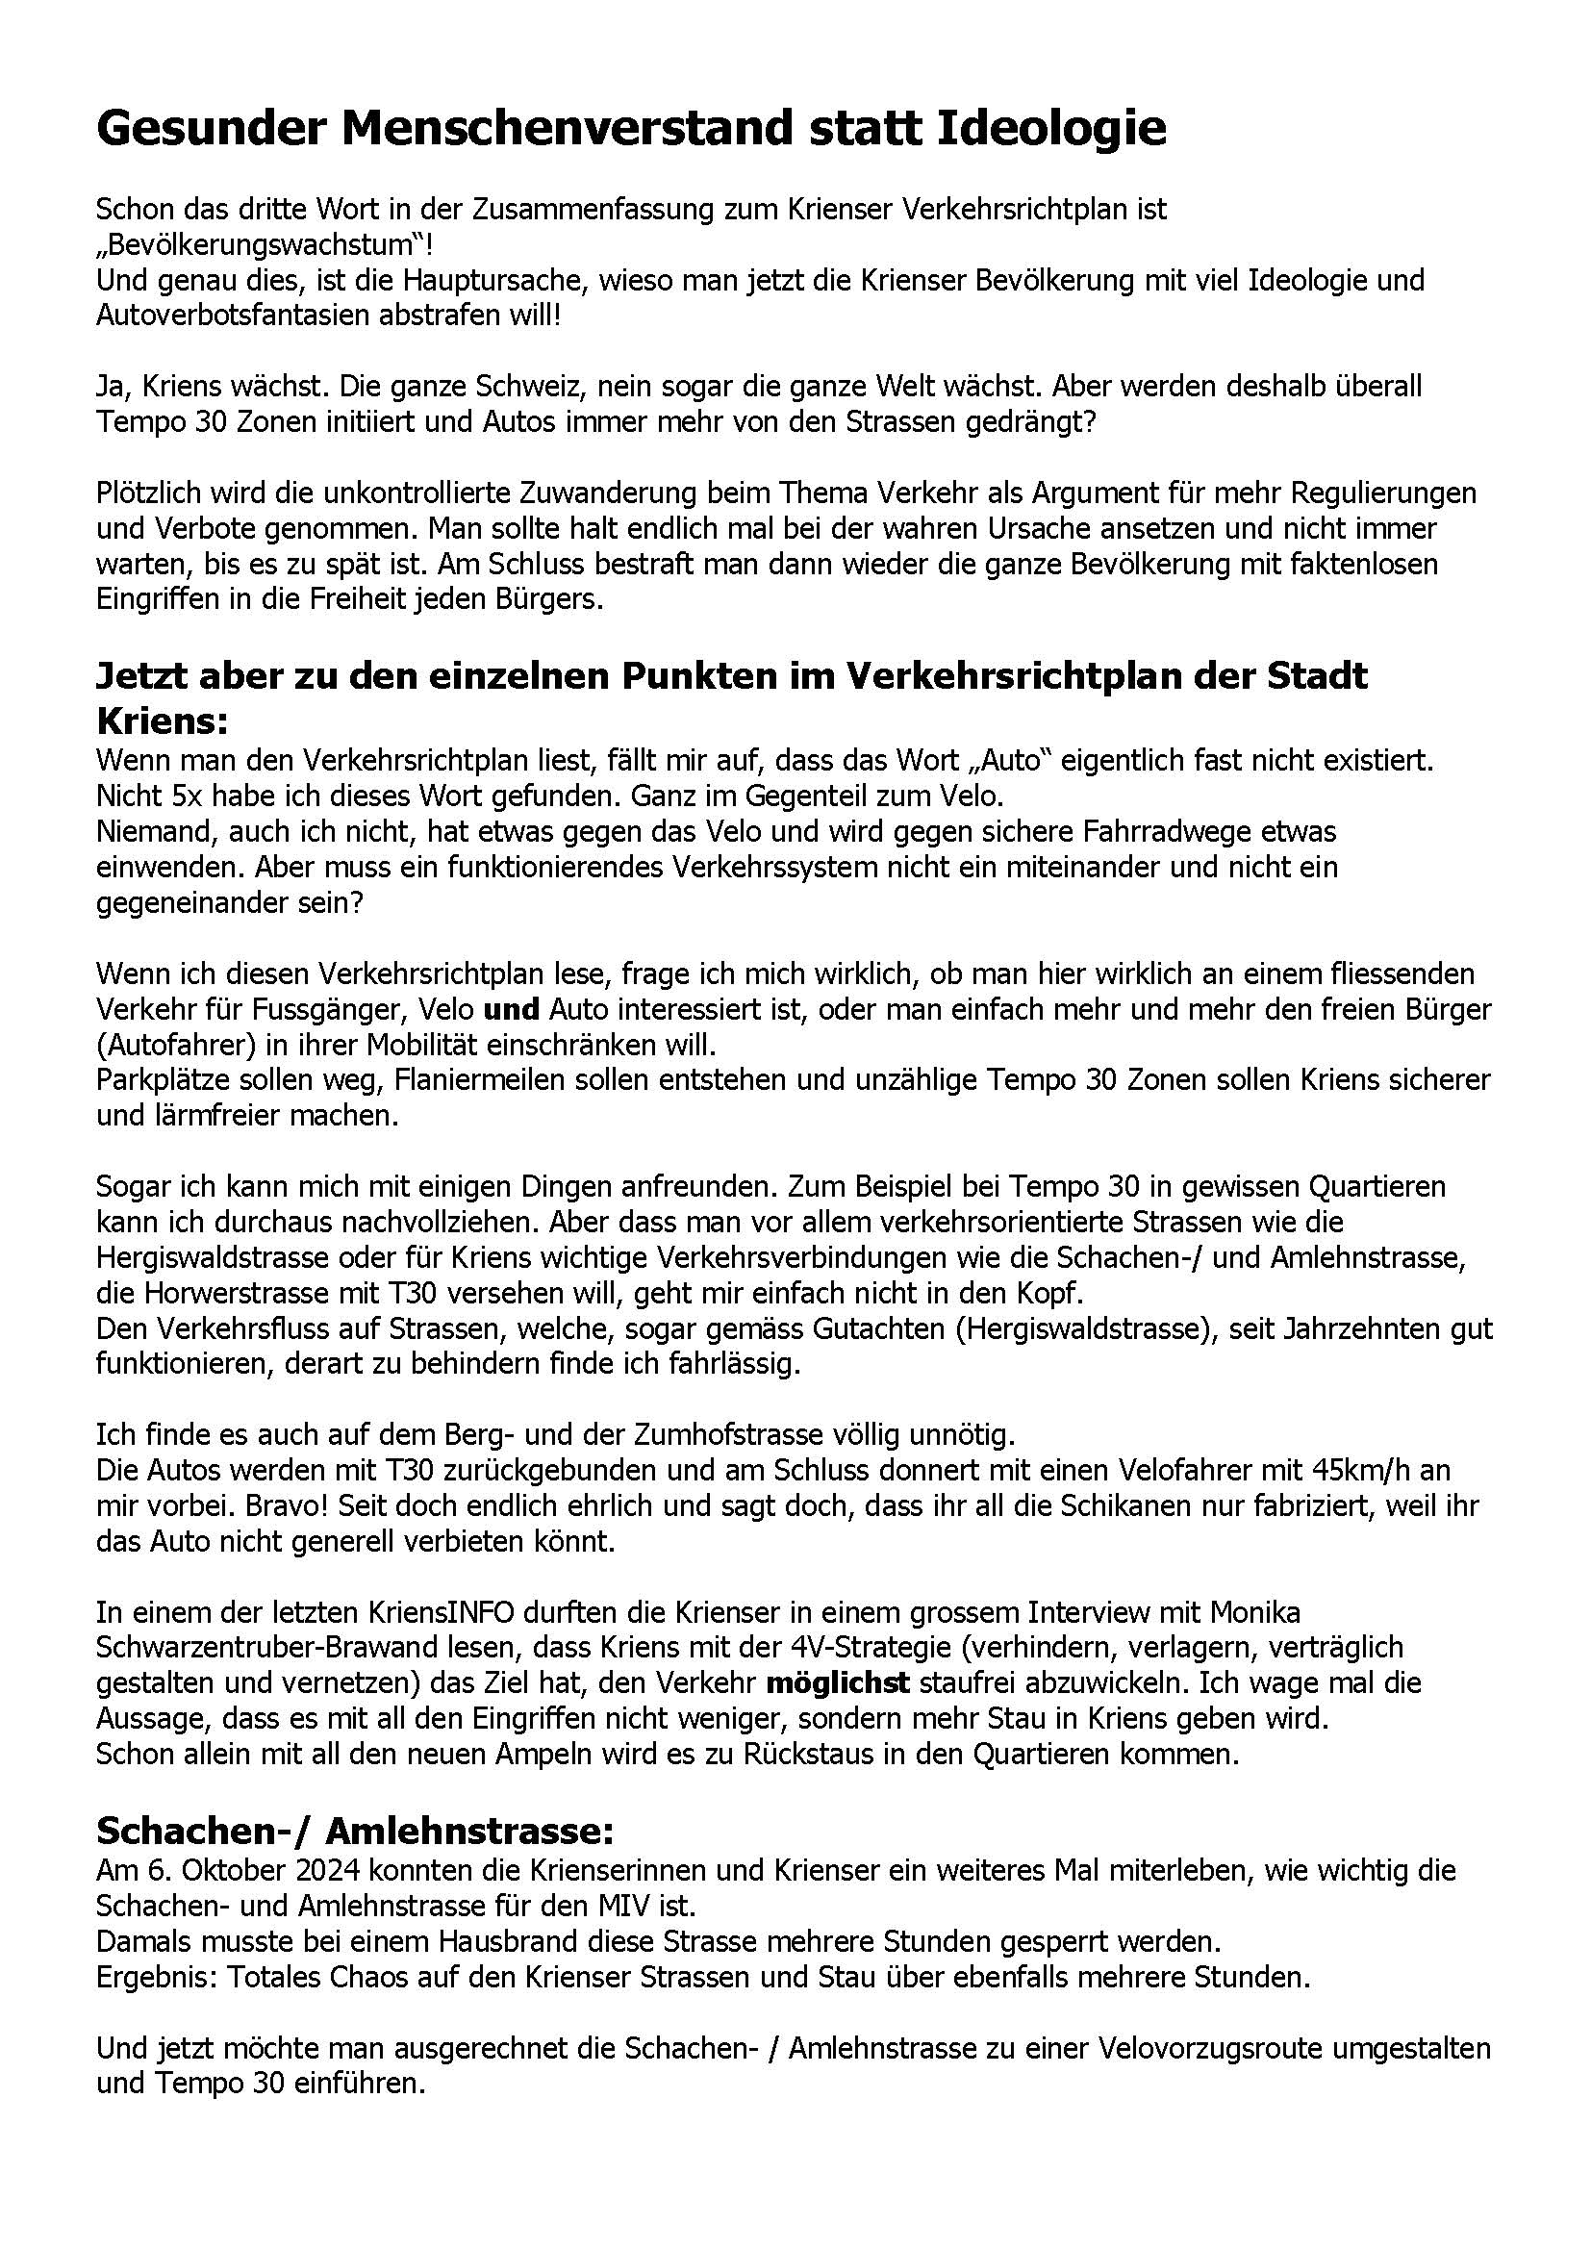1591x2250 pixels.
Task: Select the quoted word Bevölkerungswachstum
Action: click(x=256, y=245)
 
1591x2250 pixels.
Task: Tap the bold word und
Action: click(x=513, y=1009)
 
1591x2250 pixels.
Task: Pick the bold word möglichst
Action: click(x=839, y=1682)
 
